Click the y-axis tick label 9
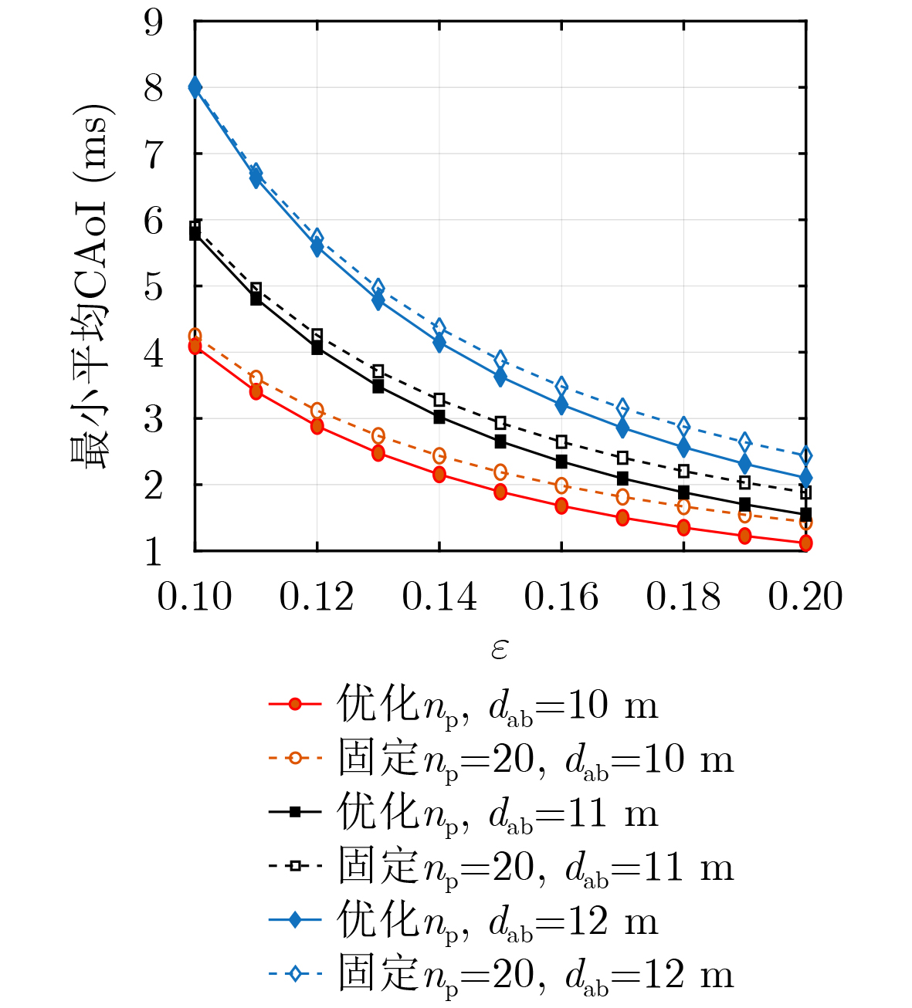tap(154, 23)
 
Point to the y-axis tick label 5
tap(154, 288)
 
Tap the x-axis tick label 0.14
tap(439, 597)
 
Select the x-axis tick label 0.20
tap(805, 597)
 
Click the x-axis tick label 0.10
tap(195, 597)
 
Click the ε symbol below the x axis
tap(500, 648)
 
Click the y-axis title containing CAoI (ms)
tap(91, 286)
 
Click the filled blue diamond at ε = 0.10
tap(195, 86)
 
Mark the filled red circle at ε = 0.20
tap(805, 543)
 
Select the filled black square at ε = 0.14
tap(439, 418)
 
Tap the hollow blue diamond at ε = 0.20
tap(805, 456)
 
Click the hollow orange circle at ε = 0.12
tap(317, 410)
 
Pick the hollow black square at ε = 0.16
tap(561, 441)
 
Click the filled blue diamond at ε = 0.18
tap(683, 447)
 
